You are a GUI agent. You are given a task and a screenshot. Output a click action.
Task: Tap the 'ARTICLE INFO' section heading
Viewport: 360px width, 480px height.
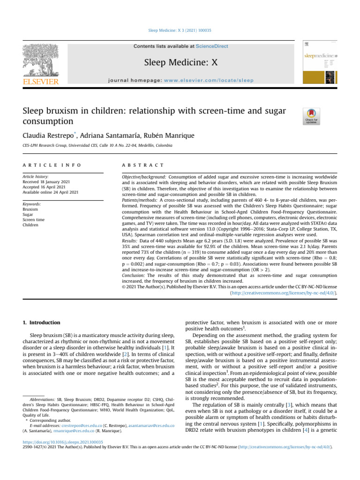(51, 165)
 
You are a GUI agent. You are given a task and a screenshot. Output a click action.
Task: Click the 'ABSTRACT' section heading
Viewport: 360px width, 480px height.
(142, 165)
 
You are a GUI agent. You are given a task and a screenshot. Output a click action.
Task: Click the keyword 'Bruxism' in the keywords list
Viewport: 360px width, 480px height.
(30, 210)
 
